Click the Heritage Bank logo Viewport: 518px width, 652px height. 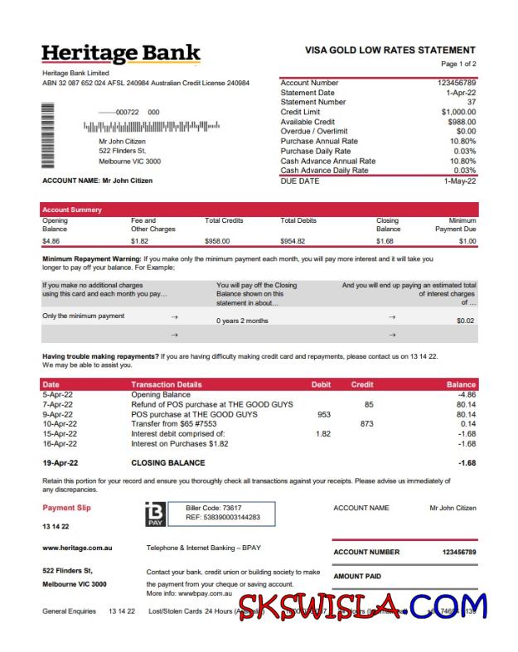pyautogui.click(x=121, y=55)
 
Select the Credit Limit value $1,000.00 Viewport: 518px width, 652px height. pyautogui.click(x=458, y=112)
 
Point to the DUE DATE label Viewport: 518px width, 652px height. pyautogui.click(x=299, y=181)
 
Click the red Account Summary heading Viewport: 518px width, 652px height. pyautogui.click(x=72, y=210)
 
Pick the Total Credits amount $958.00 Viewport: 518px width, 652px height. pyautogui.click(x=217, y=241)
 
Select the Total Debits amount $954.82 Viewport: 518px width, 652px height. pyautogui.click(x=293, y=241)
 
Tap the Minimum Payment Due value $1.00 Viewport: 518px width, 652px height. pyautogui.click(x=467, y=241)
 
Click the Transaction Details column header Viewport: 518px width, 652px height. pyautogui.click(x=166, y=384)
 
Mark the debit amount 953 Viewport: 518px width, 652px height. pyautogui.click(x=323, y=414)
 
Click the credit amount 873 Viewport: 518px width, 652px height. pyautogui.click(x=366, y=423)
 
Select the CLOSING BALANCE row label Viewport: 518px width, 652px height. pyautogui.click(x=168, y=462)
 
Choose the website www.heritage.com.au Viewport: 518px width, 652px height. pyautogui.click(x=77, y=548)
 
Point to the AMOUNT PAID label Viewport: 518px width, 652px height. pyautogui.click(x=357, y=576)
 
